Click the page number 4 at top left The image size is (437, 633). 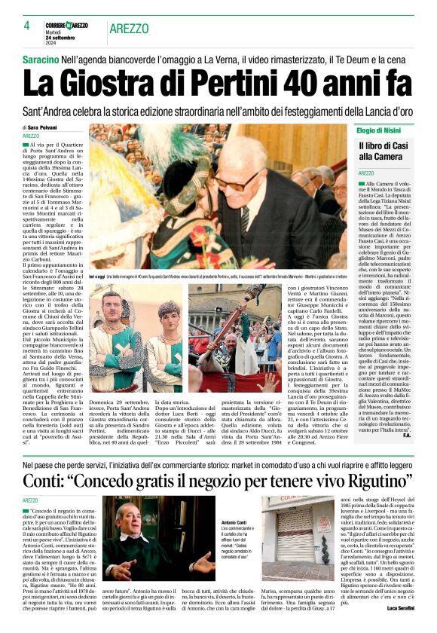(x=26, y=26)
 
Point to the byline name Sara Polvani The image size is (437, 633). (x=47, y=128)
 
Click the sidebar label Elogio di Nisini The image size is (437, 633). (x=382, y=130)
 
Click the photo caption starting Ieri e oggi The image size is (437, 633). (x=226, y=277)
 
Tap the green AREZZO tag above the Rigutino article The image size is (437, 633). (x=30, y=500)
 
